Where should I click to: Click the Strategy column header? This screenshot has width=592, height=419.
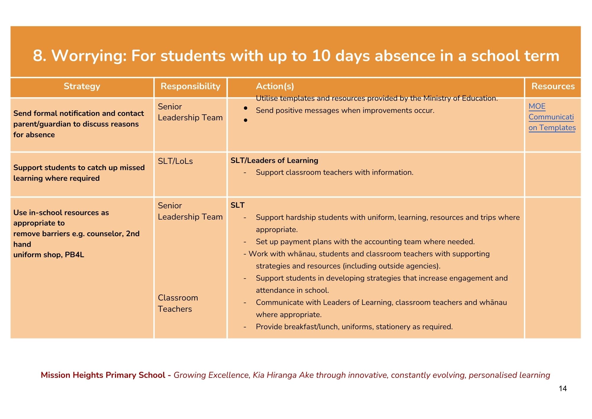pyautogui.click(x=82, y=86)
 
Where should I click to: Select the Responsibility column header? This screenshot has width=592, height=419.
pyautogui.click(x=190, y=86)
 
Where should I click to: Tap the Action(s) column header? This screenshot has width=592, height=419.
pyautogui.click(x=275, y=86)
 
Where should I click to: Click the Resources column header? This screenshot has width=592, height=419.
pyautogui.click(x=553, y=86)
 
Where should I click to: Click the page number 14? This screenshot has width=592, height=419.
pyautogui.click(x=563, y=388)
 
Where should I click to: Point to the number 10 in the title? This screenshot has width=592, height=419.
pyautogui.click(x=321, y=56)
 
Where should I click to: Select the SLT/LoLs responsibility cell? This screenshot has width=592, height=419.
pyautogui.click(x=175, y=161)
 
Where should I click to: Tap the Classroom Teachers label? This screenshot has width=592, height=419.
pyautogui.click(x=178, y=303)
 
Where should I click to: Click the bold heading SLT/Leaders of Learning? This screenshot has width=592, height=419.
pyautogui.click(x=274, y=160)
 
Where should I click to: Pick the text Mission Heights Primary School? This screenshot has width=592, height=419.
pyautogui.click(x=103, y=375)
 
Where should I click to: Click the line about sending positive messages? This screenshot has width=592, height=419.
pyautogui.click(x=345, y=111)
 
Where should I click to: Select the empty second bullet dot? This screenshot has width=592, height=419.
pyautogui.click(x=245, y=120)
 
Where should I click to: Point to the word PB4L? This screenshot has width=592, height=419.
pyautogui.click(x=74, y=255)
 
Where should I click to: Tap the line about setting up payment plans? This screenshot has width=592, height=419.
pyautogui.click(x=365, y=242)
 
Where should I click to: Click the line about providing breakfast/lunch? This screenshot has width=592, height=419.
pyautogui.click(x=354, y=327)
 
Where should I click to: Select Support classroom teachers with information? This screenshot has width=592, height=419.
pyautogui.click(x=334, y=172)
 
